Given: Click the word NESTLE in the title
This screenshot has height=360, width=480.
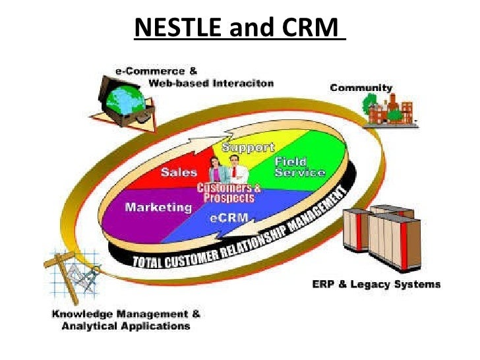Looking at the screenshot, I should pyautogui.click(x=177, y=30).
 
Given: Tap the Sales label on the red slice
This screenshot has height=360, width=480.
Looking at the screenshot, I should pyautogui.click(x=178, y=172).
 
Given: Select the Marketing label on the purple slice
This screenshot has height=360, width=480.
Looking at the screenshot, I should pyautogui.click(x=158, y=207).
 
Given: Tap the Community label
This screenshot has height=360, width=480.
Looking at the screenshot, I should pyautogui.click(x=361, y=88).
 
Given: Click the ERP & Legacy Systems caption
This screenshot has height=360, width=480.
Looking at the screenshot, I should pyautogui.click(x=375, y=285).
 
